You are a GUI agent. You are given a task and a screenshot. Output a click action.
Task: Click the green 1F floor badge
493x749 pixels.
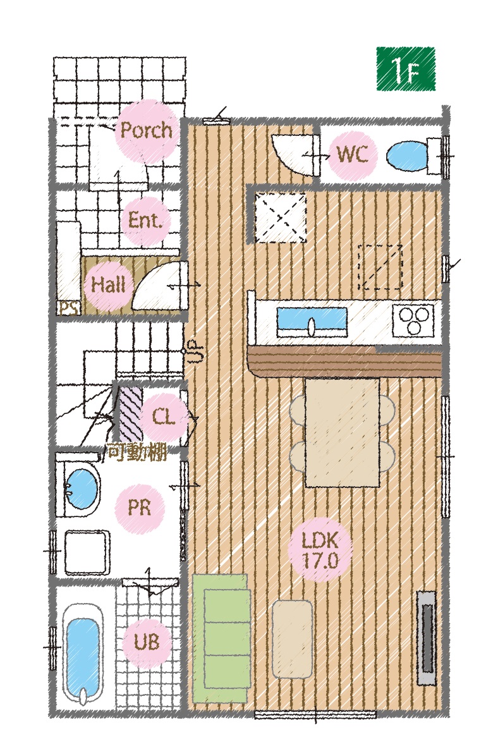(406, 69)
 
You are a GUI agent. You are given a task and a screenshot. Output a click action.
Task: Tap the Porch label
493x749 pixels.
(146, 130)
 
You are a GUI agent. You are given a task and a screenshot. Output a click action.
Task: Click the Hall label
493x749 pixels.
(109, 285)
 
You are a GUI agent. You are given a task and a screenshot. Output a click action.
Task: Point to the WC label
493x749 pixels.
(353, 154)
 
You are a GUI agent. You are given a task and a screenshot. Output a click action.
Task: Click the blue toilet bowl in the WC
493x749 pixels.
(406, 155)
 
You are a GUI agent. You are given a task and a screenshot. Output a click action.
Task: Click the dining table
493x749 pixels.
(343, 432)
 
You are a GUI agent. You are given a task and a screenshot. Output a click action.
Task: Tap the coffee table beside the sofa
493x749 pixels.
(292, 638)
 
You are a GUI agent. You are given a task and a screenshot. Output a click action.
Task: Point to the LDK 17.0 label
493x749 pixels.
(320, 550)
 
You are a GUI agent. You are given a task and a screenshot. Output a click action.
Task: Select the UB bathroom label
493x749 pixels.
(146, 642)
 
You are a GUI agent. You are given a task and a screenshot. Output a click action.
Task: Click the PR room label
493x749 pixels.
(139, 507)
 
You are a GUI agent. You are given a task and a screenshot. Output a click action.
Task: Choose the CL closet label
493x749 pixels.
(163, 417)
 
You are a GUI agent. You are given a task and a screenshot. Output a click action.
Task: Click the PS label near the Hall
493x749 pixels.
(70, 308)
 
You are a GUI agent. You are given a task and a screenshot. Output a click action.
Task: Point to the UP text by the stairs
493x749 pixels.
(195, 351)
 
